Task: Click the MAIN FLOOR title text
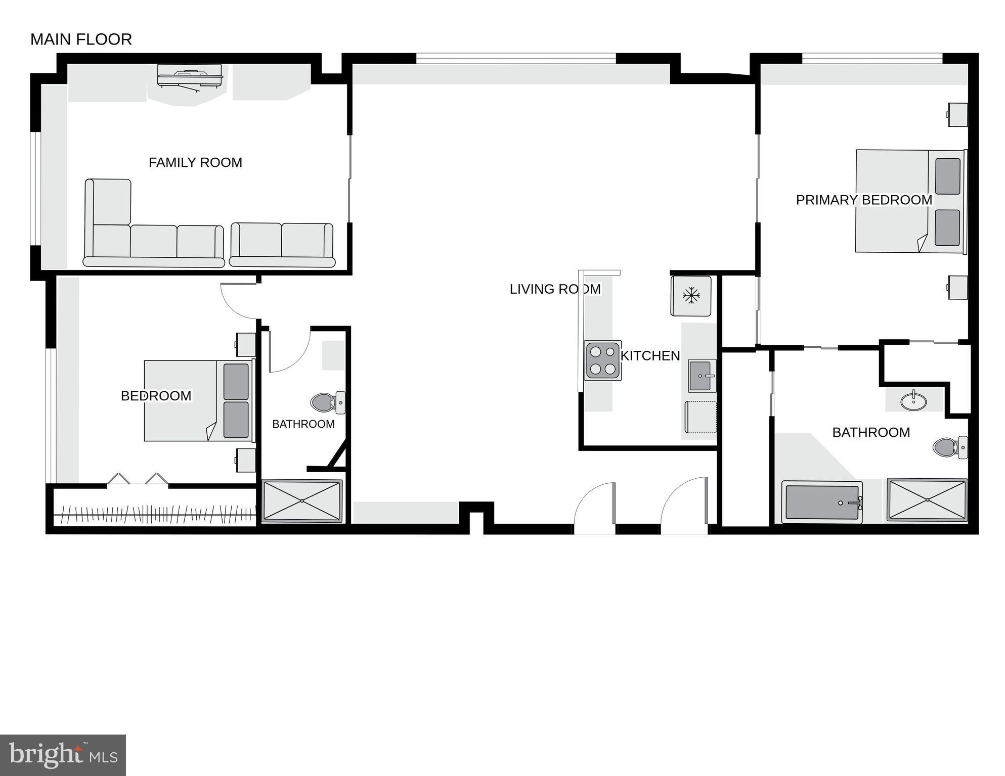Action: pos(81,39)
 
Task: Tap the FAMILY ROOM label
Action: pos(195,163)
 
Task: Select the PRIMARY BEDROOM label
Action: pos(863,200)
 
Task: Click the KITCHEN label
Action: pos(650,356)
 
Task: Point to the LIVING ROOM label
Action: pos(554,289)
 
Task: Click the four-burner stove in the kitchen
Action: pos(603,360)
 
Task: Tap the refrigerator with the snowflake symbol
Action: pos(691,296)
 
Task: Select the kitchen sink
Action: pos(702,376)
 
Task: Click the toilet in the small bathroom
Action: pos(326,403)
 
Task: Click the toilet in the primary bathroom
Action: pos(949,447)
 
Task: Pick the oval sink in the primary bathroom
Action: pos(913,401)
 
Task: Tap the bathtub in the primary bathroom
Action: pos(821,502)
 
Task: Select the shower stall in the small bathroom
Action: pos(302,501)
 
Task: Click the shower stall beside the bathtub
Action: pos(927,500)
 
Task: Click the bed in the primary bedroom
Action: pos(909,201)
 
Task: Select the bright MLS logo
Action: pos(63,755)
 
